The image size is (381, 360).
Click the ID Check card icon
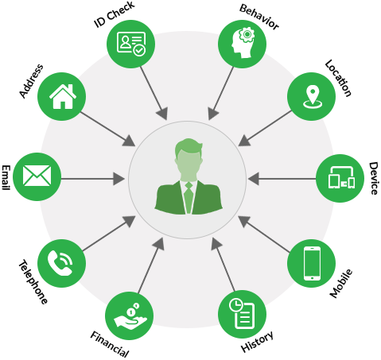coord(131,44)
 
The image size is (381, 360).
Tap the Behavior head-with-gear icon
coord(243,43)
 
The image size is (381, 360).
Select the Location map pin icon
coord(313,97)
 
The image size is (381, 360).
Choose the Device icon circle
coord(340,178)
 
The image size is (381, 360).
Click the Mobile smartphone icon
coord(312,263)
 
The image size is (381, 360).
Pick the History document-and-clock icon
coord(242,314)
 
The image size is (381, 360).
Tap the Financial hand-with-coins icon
coord(130,316)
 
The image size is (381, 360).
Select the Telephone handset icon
coord(60,263)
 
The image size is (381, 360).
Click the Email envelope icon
coord(37,176)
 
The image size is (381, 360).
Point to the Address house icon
coord(63,96)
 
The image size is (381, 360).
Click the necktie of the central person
coord(189,196)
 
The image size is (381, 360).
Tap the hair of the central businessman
coord(189,146)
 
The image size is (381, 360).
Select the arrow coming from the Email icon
coord(93,179)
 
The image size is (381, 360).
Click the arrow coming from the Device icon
coord(282,179)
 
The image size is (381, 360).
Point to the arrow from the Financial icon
coord(151,265)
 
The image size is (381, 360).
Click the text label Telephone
coord(33,281)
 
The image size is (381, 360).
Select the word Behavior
coord(259,17)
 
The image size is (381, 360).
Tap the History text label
coord(257,341)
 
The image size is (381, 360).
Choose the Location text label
coord(338,78)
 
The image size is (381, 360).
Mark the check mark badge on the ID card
coord(139,50)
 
